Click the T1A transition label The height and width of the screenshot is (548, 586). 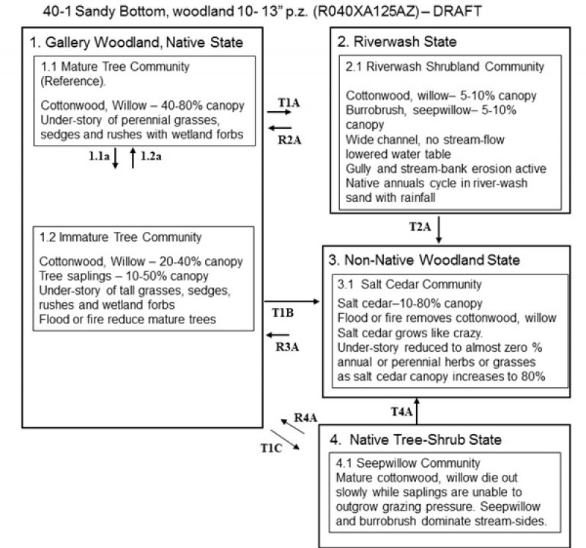click(x=289, y=103)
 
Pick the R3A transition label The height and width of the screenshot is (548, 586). click(x=286, y=346)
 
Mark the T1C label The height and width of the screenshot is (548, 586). click(x=272, y=448)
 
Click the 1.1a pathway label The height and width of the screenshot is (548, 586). click(x=99, y=156)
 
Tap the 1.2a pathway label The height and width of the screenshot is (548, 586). click(x=151, y=156)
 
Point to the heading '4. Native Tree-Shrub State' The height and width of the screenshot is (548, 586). click(x=416, y=440)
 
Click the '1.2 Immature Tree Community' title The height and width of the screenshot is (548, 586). click(x=120, y=237)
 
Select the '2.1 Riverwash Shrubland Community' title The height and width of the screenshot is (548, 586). click(x=445, y=67)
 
